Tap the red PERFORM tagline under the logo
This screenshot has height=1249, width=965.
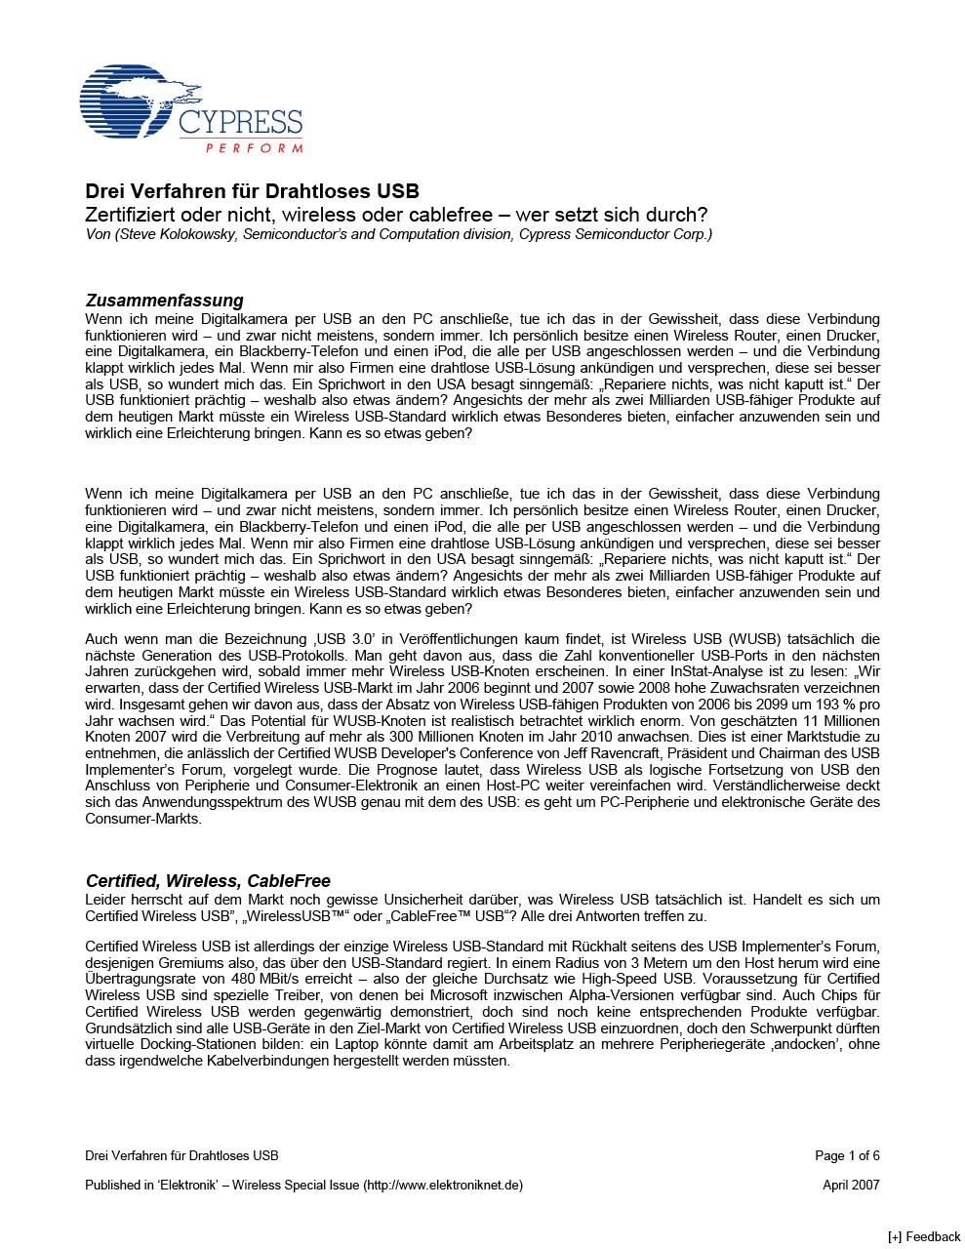254,148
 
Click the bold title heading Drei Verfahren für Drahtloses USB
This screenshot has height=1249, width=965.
252,191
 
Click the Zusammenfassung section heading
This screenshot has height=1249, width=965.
164,300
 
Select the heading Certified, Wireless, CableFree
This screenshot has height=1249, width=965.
208,881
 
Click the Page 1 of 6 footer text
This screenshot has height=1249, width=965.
847,1155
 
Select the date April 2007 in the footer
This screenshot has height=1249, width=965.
851,1185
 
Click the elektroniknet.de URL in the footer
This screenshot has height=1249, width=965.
443,1185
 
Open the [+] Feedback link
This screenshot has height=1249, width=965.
923,1236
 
